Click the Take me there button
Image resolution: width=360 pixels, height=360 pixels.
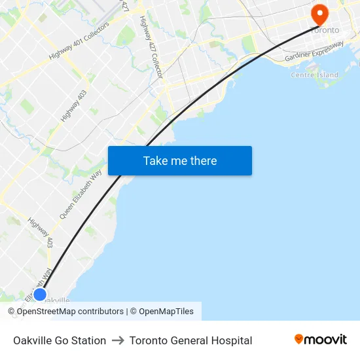(180, 161)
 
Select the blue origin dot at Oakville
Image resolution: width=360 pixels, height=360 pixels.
(40, 295)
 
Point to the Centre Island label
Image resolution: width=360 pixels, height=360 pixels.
(314, 75)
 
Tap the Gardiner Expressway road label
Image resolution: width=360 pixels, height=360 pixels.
(314, 52)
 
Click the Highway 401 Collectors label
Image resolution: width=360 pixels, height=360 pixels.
(79, 45)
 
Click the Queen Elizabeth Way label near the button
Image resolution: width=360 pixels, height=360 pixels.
(81, 194)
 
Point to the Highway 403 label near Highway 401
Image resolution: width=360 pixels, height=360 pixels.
(73, 105)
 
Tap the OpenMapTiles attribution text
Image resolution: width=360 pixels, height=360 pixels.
(166, 312)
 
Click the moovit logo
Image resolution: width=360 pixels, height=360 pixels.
(321, 340)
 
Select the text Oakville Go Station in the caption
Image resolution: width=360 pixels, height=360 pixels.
(60, 340)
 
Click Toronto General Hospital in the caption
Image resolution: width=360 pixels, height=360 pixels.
(190, 340)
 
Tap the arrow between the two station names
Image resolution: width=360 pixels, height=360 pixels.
(118, 340)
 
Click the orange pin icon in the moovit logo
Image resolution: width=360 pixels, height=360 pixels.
(299, 339)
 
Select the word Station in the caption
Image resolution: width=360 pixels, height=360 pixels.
(88, 340)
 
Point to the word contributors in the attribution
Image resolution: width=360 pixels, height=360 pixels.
(99, 312)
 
